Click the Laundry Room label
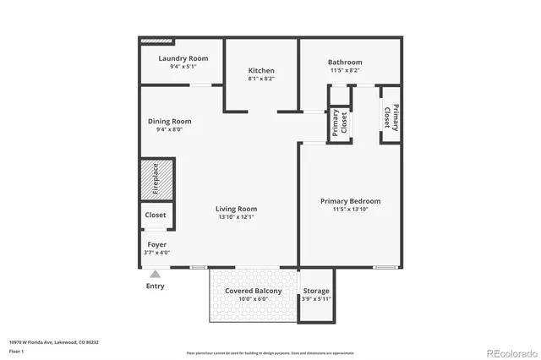pyautogui.click(x=183, y=58)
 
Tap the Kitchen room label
pyautogui.click(x=261, y=70)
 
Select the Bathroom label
pyautogui.click(x=345, y=62)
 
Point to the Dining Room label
pyautogui.click(x=169, y=121)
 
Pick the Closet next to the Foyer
pyautogui.click(x=156, y=215)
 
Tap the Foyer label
pyautogui.click(x=157, y=244)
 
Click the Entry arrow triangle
pyautogui.click(x=155, y=274)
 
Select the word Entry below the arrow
pyautogui.click(x=155, y=286)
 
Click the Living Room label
pyautogui.click(x=236, y=209)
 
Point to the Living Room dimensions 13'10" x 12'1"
pyautogui.click(x=236, y=217)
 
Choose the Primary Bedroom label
pyautogui.click(x=350, y=201)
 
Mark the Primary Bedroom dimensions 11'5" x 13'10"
pyautogui.click(x=350, y=210)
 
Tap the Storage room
pyautogui.click(x=317, y=295)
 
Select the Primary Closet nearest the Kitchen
pyautogui.click(x=339, y=123)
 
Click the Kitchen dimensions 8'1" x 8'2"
pyautogui.click(x=261, y=79)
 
